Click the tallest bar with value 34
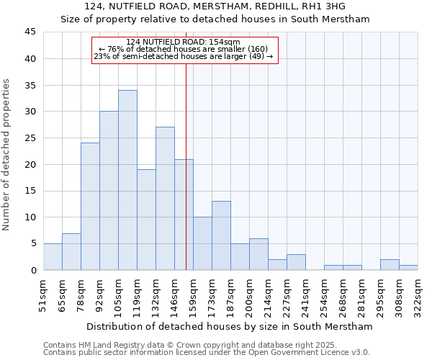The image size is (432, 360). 127,180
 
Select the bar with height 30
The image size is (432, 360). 109,191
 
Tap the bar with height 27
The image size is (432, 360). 165,199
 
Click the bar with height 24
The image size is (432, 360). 90,207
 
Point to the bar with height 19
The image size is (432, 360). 146,220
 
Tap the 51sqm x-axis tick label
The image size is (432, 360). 43,296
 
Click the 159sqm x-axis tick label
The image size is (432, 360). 193,296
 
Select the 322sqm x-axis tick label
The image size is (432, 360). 418,296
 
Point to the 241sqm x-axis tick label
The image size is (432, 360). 305,296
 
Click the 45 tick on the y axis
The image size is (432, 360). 30,32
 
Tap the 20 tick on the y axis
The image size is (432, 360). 30,164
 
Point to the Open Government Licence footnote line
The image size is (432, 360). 207,352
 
